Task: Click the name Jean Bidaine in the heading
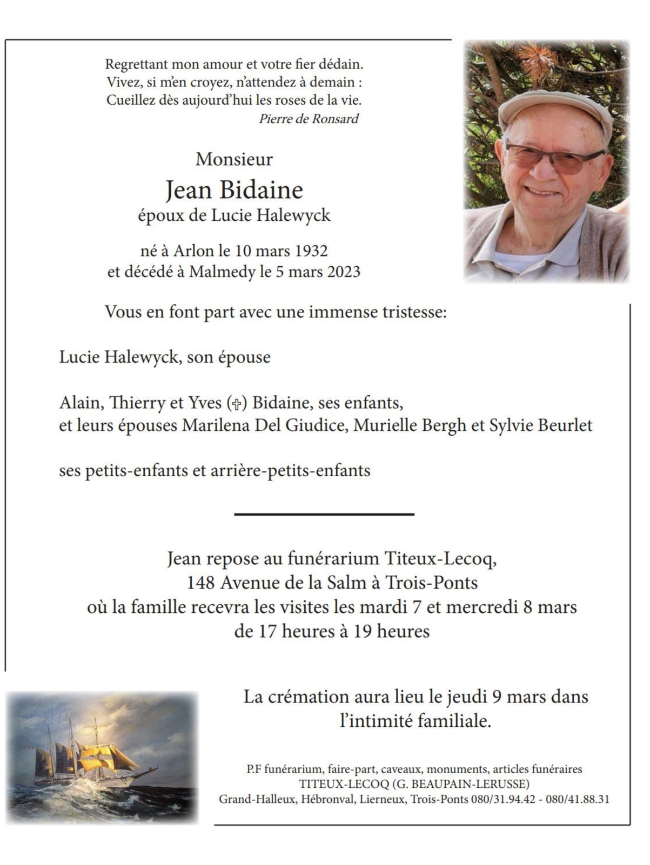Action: click(234, 190)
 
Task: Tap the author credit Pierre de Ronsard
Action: click(309, 119)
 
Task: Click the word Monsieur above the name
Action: click(234, 159)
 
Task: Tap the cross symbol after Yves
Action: click(236, 403)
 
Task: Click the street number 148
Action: click(200, 583)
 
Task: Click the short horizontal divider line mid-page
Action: click(324, 515)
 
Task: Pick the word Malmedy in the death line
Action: click(222, 272)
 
